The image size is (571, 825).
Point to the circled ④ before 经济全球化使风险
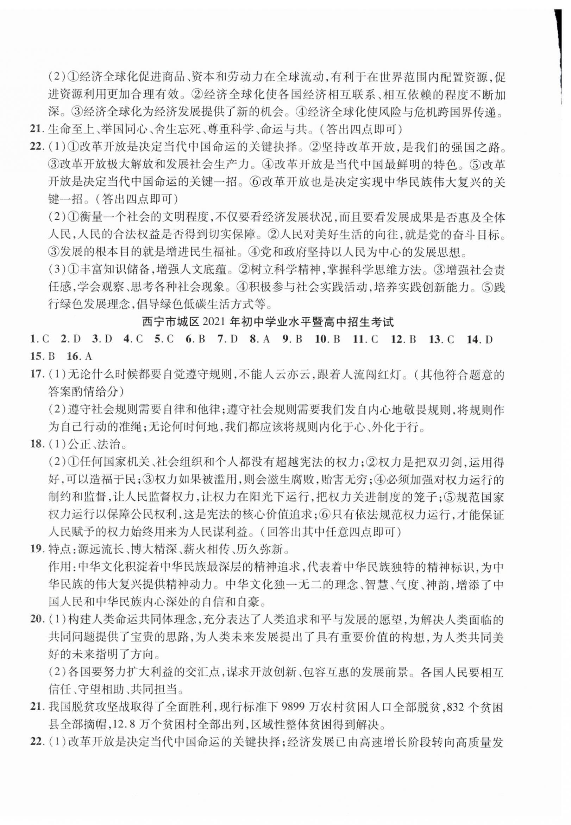pyautogui.click(x=301, y=113)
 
